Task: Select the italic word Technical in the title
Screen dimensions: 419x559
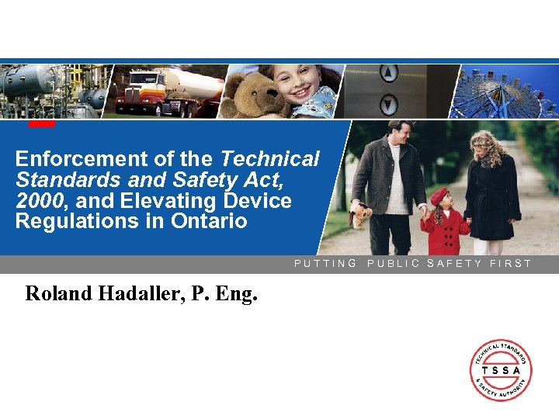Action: coord(269,159)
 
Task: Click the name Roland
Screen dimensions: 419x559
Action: coord(58,294)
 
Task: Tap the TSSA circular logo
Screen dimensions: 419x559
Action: coord(501,370)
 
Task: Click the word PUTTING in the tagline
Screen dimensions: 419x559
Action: coord(325,264)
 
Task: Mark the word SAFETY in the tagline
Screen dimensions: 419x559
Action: coord(455,264)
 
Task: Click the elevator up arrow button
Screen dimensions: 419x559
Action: coord(388,74)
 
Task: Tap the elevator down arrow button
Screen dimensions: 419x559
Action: coord(388,102)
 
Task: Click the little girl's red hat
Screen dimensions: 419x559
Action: coord(439,196)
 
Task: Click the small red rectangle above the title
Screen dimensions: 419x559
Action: coord(42,123)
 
